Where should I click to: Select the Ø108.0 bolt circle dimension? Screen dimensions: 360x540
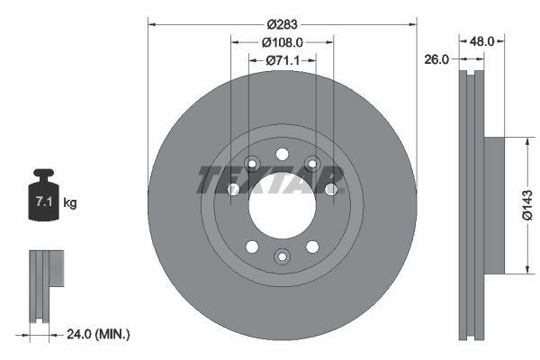[282, 41]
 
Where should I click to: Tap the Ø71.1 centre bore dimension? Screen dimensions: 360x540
[282, 60]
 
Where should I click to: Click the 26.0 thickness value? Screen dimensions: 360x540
[437, 60]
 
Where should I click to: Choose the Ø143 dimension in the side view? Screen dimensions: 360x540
[531, 205]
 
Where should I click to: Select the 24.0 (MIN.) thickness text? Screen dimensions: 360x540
[99, 334]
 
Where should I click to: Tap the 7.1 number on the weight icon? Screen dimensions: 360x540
[42, 202]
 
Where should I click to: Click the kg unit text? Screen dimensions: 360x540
[70, 203]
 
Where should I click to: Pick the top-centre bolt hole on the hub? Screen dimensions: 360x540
[282, 154]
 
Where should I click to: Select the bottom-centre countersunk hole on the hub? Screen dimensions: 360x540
[282, 258]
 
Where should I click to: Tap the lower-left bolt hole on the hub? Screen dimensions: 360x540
[252, 247]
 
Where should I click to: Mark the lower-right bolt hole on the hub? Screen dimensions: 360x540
[312, 247]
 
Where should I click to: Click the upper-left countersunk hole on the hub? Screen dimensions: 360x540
[252, 164]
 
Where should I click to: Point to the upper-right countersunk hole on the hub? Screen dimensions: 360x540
[312, 164]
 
